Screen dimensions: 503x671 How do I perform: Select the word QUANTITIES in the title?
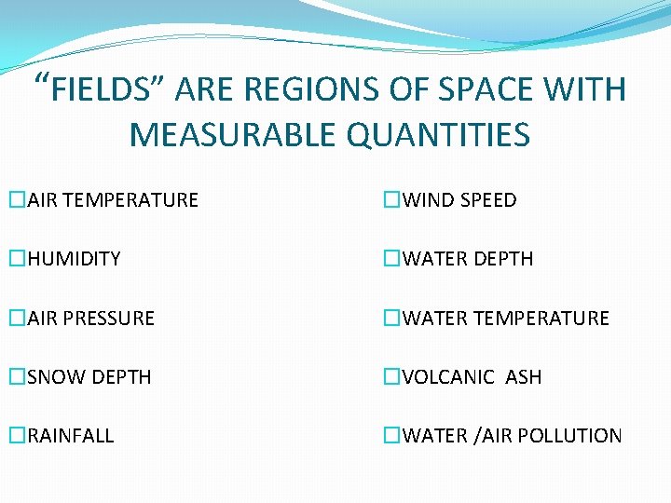[438, 135]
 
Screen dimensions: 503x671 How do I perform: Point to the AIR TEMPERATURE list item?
[113, 200]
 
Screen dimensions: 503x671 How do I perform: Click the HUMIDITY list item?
[74, 259]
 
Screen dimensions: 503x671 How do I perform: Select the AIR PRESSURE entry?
[90, 319]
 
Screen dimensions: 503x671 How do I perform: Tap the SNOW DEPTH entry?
[89, 377]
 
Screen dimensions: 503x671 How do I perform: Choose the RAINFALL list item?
[71, 436]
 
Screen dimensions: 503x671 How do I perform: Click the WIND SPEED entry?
[459, 200]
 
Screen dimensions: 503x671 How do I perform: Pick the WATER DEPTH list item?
[467, 259]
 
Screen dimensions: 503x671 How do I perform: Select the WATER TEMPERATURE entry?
[505, 319]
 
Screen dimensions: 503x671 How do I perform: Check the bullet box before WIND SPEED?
[391, 200]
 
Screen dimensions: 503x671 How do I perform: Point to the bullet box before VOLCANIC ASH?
[391, 377]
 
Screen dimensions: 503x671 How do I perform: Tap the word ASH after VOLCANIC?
[523, 377]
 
